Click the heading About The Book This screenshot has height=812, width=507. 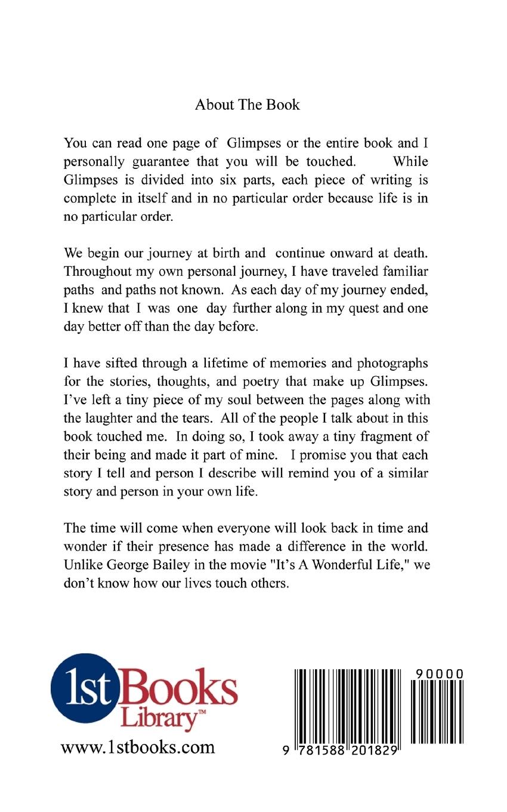click(x=247, y=105)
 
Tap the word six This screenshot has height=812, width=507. click(x=206, y=179)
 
